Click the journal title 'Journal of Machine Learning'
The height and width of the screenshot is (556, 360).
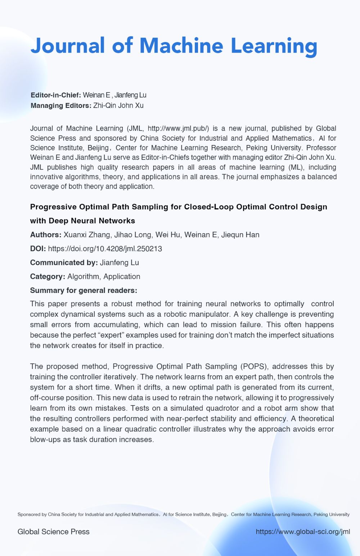174,46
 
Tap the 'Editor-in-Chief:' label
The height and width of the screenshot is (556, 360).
56,95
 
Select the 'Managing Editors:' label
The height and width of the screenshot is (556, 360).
61,105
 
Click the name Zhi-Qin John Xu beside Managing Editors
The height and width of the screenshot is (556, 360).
118,105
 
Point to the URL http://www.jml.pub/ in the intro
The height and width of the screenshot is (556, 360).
178,128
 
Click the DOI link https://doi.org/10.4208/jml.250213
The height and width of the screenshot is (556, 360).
105,249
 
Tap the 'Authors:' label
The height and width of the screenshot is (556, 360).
46,235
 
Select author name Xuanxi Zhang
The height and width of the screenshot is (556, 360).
87,235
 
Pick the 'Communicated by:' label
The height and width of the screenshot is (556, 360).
64,263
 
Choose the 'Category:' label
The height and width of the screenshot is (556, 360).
48,276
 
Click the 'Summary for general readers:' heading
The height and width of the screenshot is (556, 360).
84,290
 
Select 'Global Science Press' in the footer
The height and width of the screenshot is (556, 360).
54,532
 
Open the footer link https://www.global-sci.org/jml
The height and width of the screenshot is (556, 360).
303,532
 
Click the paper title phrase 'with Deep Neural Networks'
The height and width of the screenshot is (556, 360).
82,221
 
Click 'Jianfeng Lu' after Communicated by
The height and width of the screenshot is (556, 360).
120,263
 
